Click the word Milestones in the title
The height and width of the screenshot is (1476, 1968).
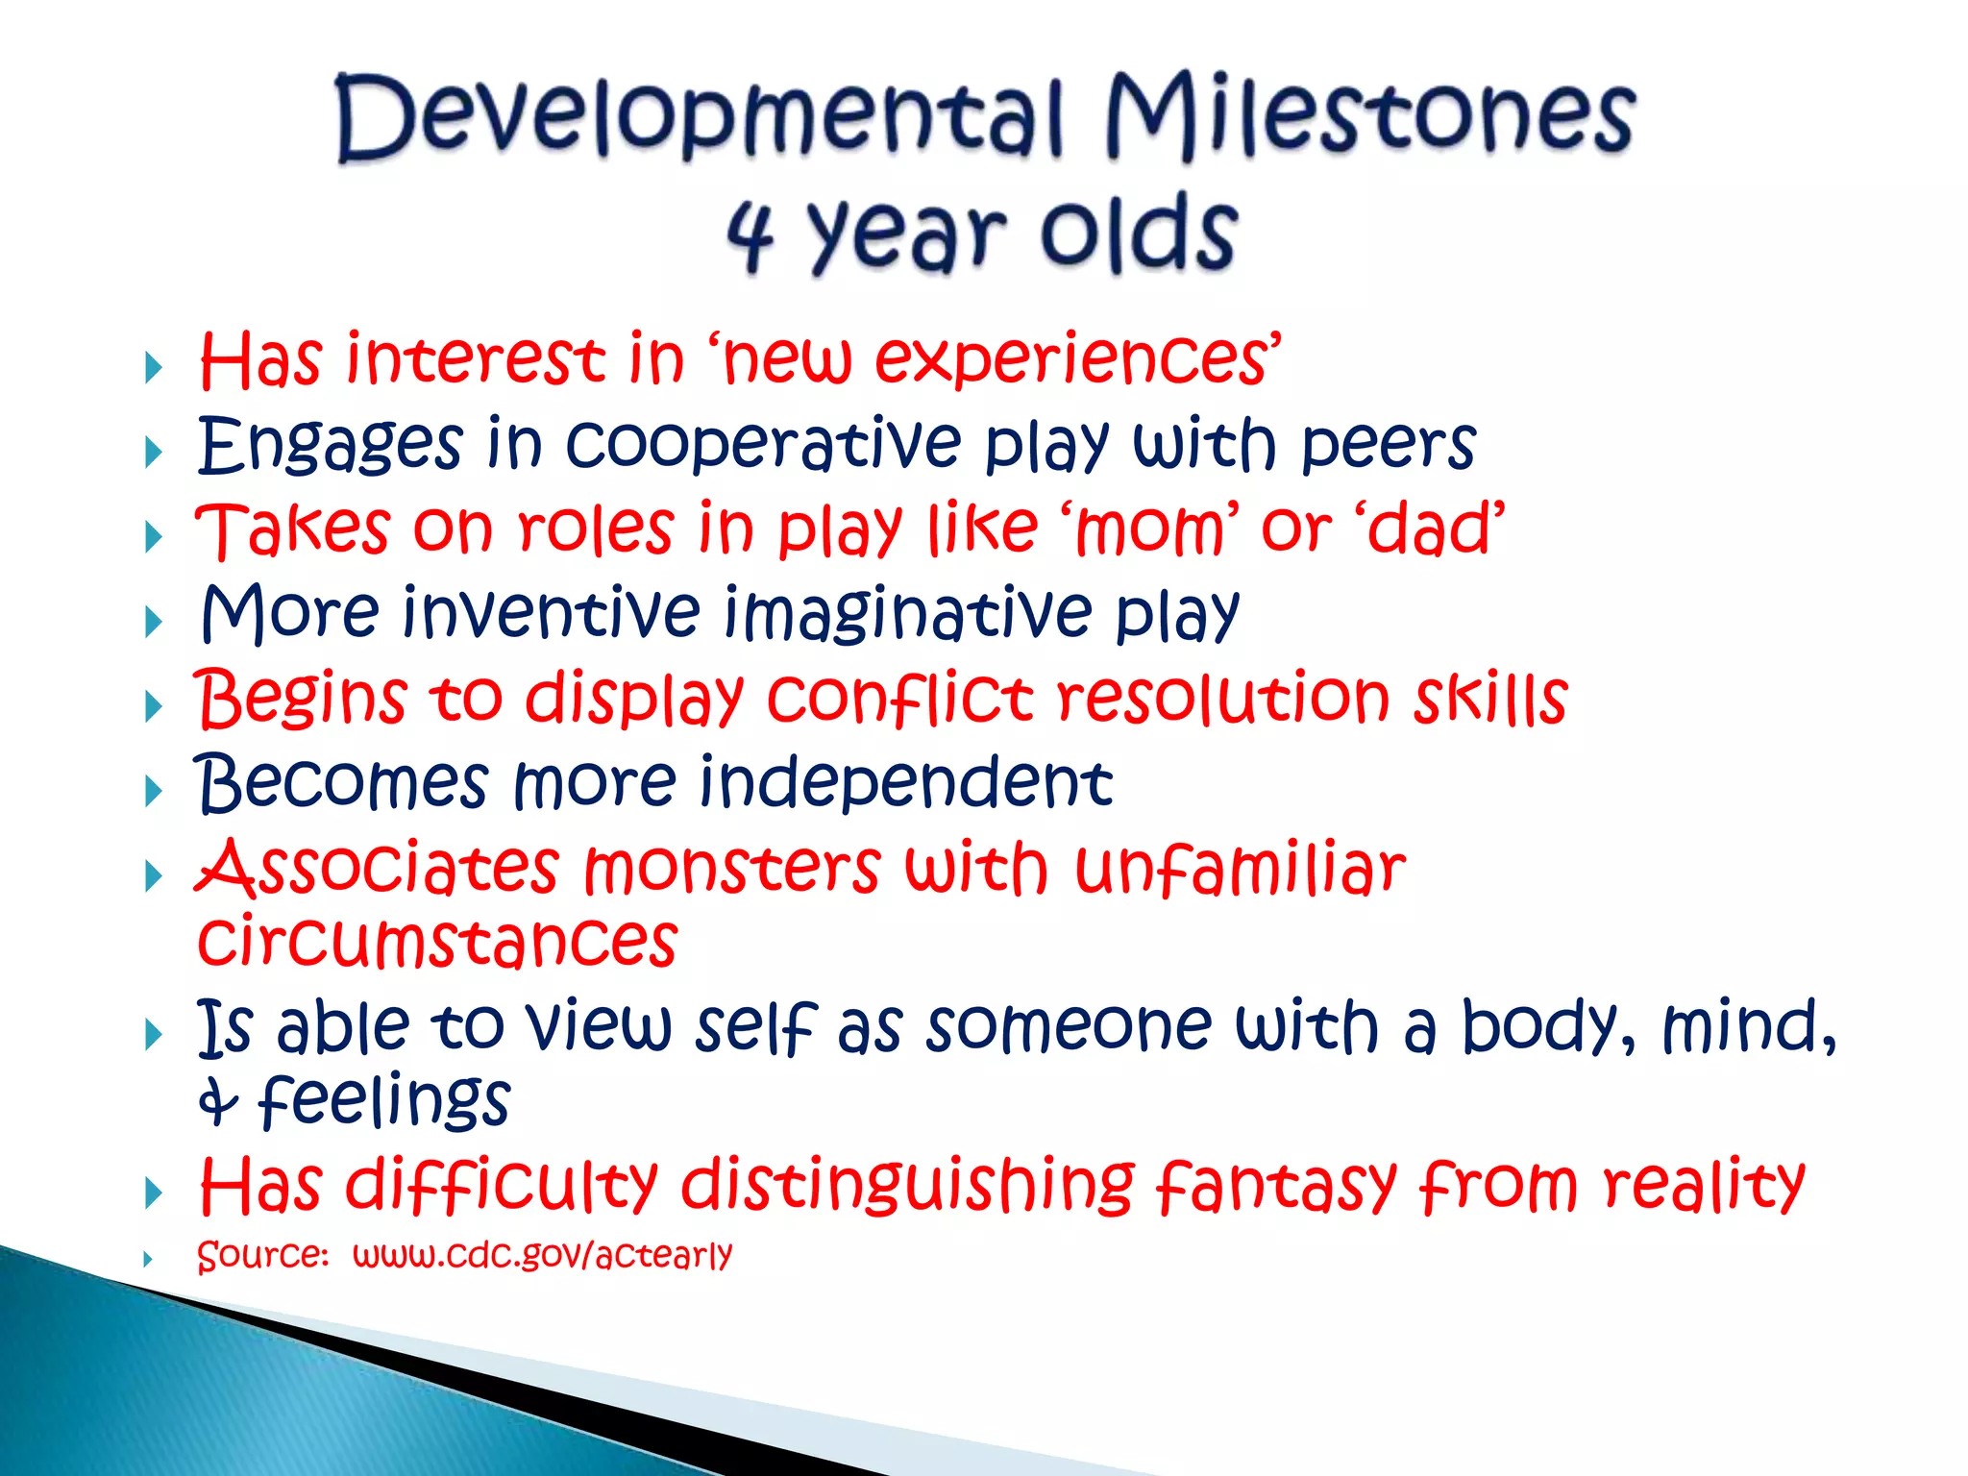click(x=1369, y=117)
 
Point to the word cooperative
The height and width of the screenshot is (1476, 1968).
click(x=763, y=444)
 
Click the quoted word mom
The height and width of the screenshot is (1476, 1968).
click(x=1148, y=530)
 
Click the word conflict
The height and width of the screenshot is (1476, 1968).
click(x=899, y=698)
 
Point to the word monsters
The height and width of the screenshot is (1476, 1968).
click(x=731, y=868)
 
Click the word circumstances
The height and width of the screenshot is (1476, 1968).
click(x=437, y=942)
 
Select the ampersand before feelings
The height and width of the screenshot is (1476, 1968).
click(x=217, y=1101)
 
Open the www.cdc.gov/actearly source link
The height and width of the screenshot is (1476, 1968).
click(x=542, y=1255)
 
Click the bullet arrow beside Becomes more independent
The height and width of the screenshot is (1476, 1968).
click(x=153, y=792)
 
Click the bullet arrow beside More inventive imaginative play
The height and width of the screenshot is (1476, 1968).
click(x=153, y=622)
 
